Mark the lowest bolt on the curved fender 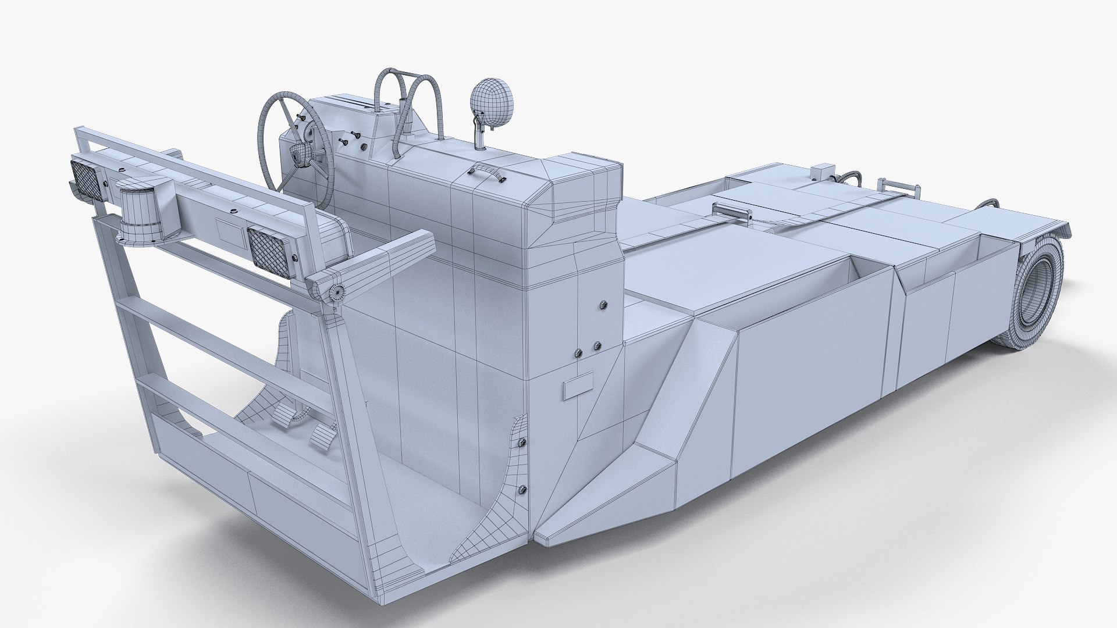point(522,489)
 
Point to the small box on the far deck point(822,172)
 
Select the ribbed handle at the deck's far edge point(901,189)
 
